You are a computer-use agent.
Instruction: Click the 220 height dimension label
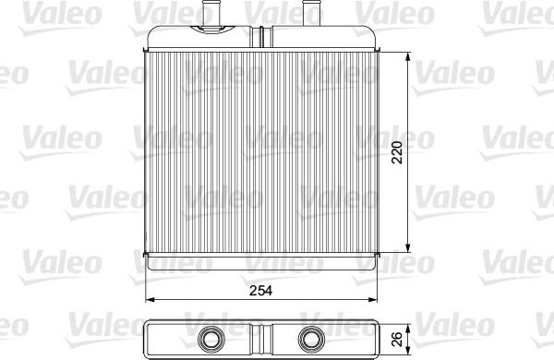396,152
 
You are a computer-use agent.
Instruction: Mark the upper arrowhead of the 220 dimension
409,54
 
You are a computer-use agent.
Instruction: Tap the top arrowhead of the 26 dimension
409,324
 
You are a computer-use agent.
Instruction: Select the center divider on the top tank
262,36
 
